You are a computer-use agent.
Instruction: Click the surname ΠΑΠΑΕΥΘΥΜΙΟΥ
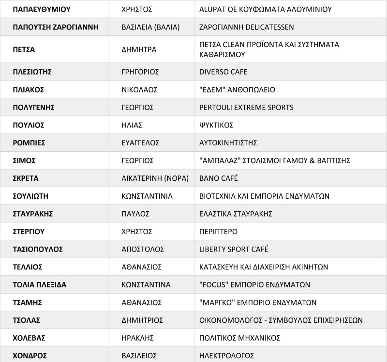pos(42,9)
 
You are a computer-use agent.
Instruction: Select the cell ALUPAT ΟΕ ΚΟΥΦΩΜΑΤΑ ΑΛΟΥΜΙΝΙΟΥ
pos(266,9)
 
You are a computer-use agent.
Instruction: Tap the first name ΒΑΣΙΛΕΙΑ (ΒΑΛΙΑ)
pos(150,27)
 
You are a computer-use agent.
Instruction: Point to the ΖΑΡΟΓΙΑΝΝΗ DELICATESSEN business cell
pos(246,27)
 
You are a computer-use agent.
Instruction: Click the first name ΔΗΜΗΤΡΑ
pos(139,49)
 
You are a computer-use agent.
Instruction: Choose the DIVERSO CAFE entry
pos(223,72)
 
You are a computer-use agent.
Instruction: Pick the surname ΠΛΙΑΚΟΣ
pos(29,90)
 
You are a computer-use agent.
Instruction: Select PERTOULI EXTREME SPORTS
pos(246,107)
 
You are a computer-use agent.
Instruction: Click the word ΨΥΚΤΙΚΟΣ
pos(216,125)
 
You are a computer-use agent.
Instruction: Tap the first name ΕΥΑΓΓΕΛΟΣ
pos(140,143)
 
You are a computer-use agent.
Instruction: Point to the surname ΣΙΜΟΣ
pos(24,160)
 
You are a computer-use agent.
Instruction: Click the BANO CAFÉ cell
pos(219,178)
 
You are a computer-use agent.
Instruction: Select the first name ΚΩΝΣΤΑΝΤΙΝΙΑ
pos(147,196)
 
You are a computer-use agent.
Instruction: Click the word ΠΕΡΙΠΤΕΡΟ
pos(218,232)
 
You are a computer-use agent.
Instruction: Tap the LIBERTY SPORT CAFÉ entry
pos(234,249)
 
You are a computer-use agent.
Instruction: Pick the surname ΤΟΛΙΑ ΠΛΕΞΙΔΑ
pos(40,284)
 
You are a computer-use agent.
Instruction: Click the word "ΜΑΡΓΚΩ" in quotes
pos(215,302)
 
